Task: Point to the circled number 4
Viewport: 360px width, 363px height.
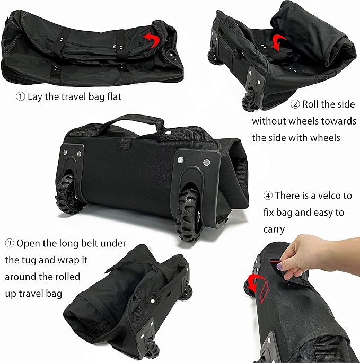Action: pyautogui.click(x=268, y=196)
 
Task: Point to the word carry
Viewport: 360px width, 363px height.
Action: pyautogui.click(x=274, y=229)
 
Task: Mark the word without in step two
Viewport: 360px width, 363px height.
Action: pyautogui.click(x=269, y=121)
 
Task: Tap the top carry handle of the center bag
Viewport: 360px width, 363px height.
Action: pyautogui.click(x=125, y=119)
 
